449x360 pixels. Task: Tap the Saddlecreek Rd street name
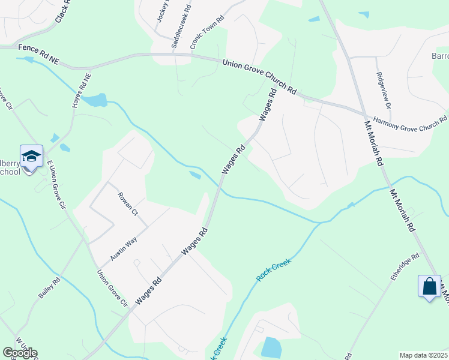click(x=180, y=27)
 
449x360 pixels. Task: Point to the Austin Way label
click(x=124, y=248)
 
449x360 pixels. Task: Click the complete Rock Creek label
click(x=274, y=270)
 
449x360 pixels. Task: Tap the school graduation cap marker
click(x=31, y=157)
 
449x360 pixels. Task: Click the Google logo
click(x=20, y=353)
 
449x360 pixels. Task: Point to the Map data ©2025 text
click(x=423, y=355)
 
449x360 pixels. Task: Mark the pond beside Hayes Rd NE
click(x=95, y=100)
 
